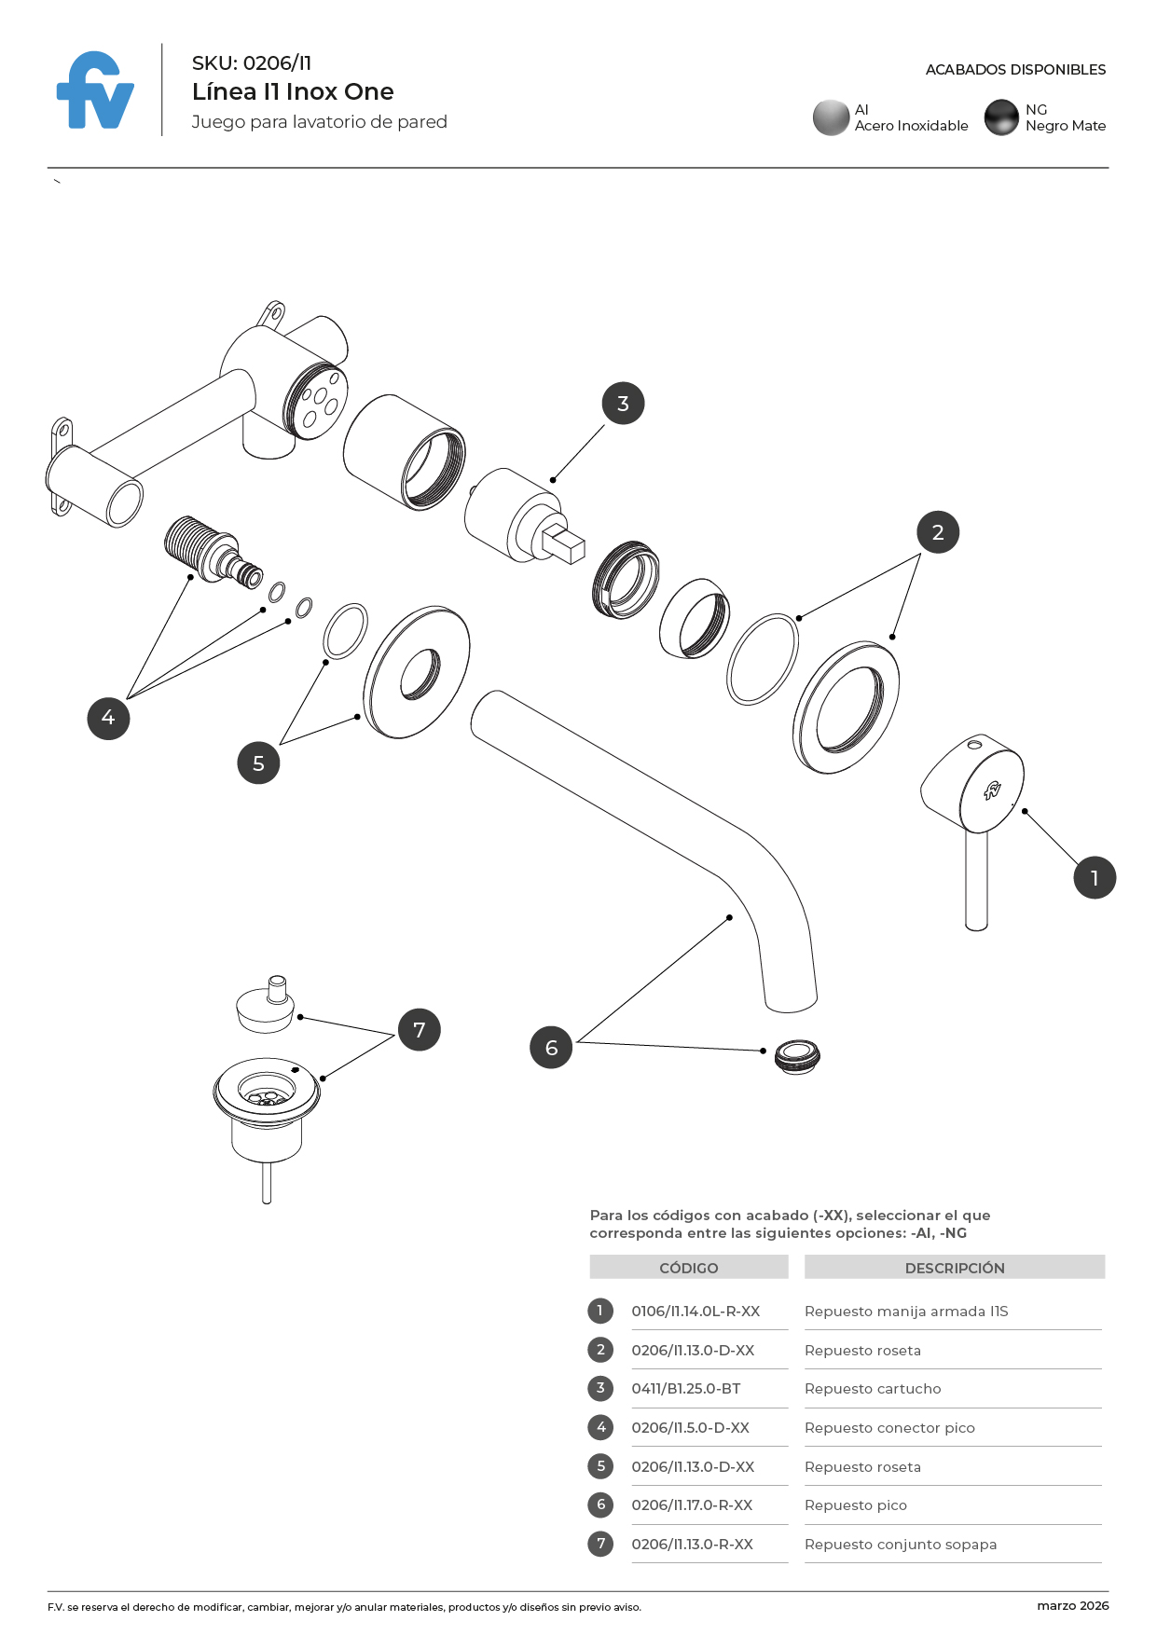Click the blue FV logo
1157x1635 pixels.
point(95,91)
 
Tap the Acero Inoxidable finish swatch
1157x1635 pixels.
point(830,117)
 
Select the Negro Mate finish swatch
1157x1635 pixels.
point(1001,117)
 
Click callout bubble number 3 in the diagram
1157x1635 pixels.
point(623,404)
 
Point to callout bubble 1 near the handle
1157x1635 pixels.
point(1094,877)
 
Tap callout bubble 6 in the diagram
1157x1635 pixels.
point(551,1048)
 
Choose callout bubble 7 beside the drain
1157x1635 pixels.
point(419,1030)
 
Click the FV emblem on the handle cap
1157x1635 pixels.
point(992,791)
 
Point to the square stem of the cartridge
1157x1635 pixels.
point(563,543)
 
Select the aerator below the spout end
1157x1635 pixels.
point(797,1056)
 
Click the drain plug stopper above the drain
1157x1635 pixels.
point(267,1006)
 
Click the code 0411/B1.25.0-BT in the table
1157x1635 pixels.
point(685,1388)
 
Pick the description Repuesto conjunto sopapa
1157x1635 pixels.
point(900,1545)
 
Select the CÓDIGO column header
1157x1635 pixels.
point(688,1268)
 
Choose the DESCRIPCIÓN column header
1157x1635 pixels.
point(954,1268)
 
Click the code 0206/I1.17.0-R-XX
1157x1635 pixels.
point(692,1504)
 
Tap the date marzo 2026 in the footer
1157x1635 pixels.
point(1072,1605)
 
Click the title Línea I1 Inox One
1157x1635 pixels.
point(293,91)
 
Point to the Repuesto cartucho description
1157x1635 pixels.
point(873,1388)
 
